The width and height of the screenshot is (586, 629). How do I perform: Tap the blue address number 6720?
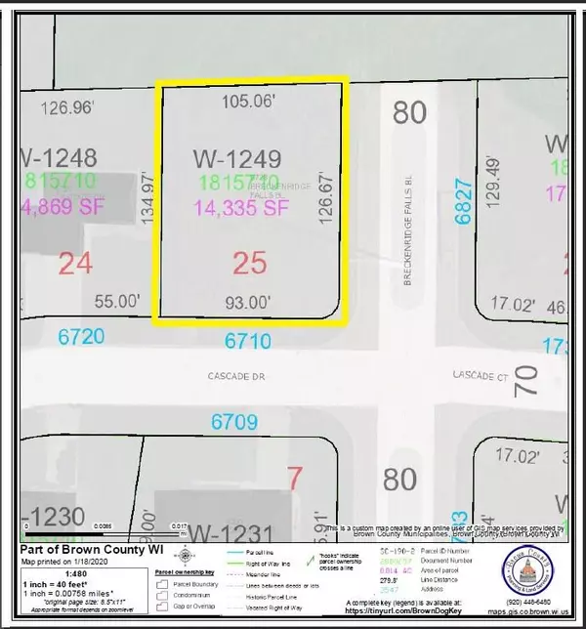pyautogui.click(x=80, y=335)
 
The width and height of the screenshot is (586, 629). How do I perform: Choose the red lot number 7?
pyautogui.click(x=295, y=478)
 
